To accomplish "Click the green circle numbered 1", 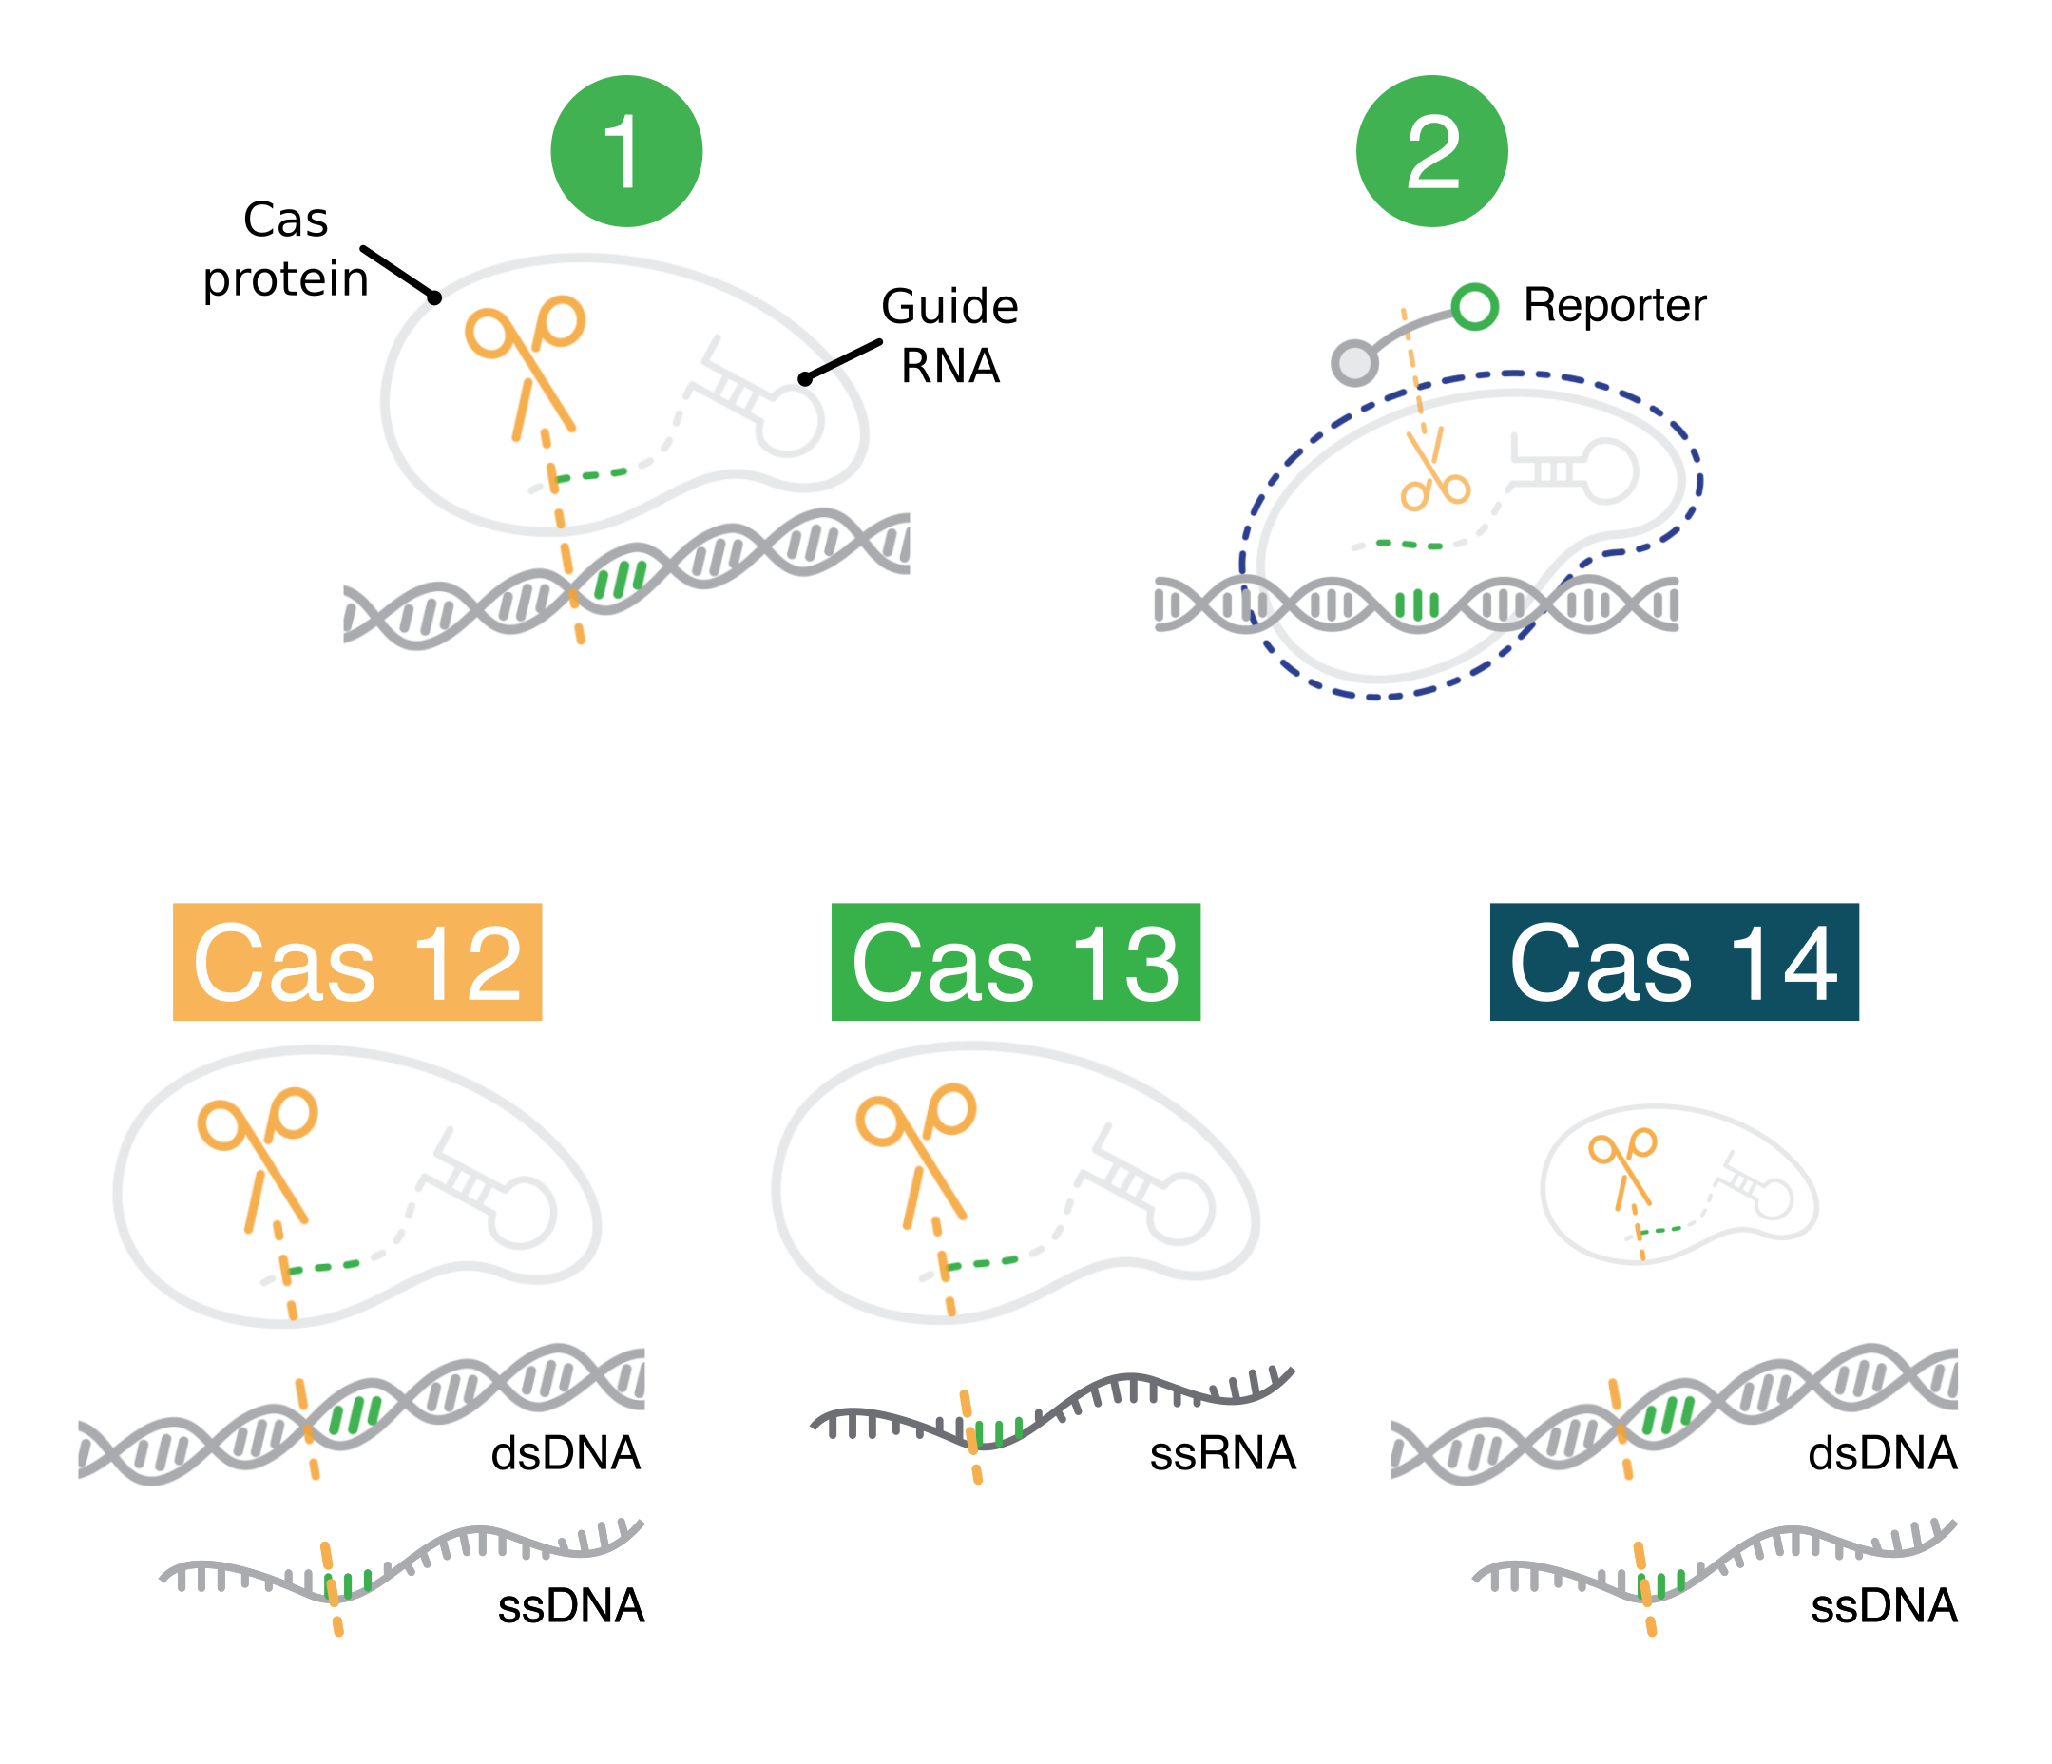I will [626, 151].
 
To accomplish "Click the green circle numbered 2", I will [1431, 151].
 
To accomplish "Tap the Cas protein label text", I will [285, 249].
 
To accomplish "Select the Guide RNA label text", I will [949, 336].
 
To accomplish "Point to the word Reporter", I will [1614, 305].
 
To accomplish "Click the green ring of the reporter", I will [1473, 306].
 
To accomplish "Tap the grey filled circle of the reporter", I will [1353, 362].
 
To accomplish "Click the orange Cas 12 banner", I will [356, 961].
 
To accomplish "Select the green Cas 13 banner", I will [1015, 961].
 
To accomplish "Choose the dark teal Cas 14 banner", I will [1674, 961].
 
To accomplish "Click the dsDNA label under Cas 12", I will [566, 1453].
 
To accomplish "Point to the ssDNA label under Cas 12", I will [570, 1605].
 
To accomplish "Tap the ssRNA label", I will [1222, 1453].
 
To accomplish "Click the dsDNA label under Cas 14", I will [1882, 1453].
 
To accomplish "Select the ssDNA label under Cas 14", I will [1884, 1605].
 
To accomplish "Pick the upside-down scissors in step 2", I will [1433, 470].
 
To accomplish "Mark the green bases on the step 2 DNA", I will [1416, 604].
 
